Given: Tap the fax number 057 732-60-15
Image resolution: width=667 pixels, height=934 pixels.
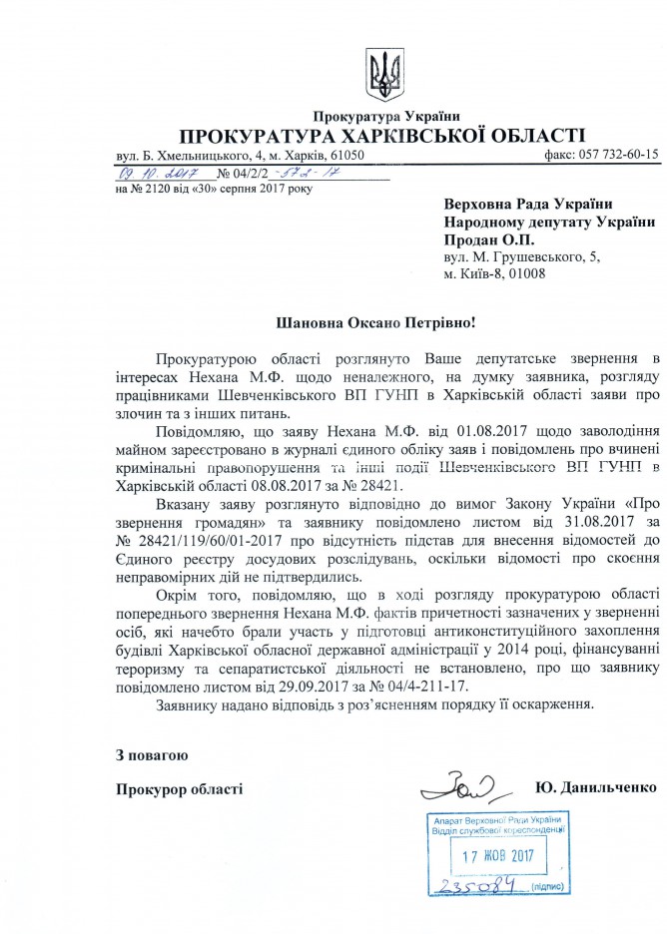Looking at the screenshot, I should [x=613, y=156].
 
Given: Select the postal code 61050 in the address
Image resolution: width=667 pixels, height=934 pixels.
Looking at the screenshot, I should [x=345, y=156].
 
